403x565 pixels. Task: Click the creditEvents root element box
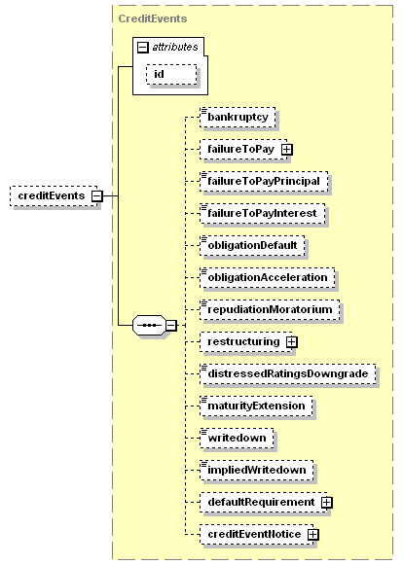click(x=54, y=196)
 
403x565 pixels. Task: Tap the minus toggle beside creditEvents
click(x=97, y=196)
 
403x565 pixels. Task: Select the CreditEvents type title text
click(x=153, y=18)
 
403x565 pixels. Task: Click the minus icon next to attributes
click(x=143, y=48)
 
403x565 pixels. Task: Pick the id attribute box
click(x=171, y=74)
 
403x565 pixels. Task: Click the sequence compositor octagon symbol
click(x=150, y=326)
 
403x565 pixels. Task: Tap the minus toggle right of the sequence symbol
click(x=171, y=326)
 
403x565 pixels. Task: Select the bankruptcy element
click(x=238, y=117)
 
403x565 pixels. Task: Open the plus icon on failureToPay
click(x=287, y=149)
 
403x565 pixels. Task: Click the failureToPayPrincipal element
click(x=264, y=181)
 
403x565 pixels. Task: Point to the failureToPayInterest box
click(x=262, y=213)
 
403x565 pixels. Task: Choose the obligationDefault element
click(x=252, y=245)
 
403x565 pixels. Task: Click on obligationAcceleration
click(x=268, y=277)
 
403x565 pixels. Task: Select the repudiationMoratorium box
click(x=270, y=309)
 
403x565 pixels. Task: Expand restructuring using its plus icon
click(x=292, y=341)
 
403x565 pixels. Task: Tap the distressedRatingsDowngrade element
click(x=288, y=373)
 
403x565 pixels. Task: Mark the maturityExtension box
click(x=256, y=406)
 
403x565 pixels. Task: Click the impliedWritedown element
click(x=257, y=471)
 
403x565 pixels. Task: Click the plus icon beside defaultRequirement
click(x=327, y=503)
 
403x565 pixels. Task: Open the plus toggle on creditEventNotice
click(x=313, y=535)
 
